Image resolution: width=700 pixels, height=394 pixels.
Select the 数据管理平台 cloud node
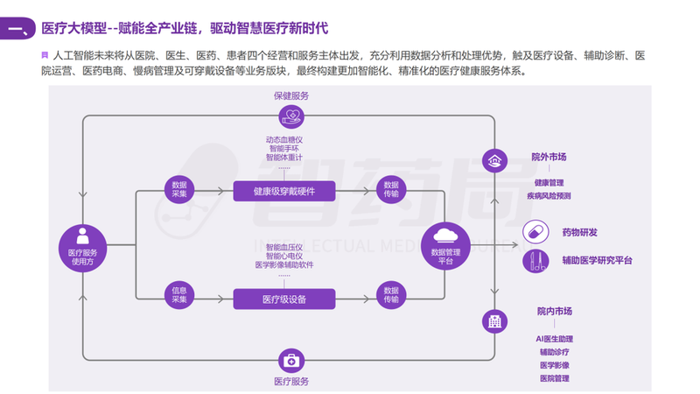(446, 245)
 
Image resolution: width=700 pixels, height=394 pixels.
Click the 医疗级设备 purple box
(284, 299)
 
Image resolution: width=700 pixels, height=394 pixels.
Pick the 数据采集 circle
(180, 190)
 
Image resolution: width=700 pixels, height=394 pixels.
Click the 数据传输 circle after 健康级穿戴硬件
(391, 190)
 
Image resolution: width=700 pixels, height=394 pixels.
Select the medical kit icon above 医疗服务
(290, 360)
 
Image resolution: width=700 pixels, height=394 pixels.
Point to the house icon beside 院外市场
(495, 161)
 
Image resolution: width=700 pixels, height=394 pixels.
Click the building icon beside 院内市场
(495, 320)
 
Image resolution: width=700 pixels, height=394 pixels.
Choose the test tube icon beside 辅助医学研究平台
(534, 260)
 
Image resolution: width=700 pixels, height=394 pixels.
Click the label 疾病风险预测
(549, 195)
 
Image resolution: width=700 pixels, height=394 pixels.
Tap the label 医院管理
(554, 378)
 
